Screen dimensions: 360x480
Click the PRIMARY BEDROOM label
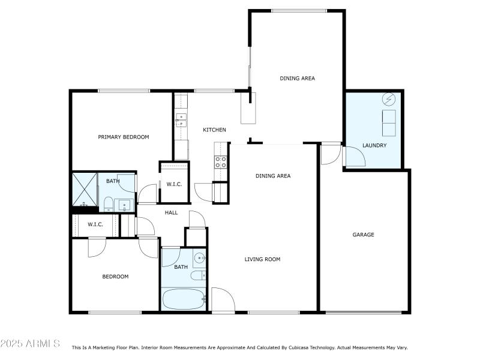(x=124, y=137)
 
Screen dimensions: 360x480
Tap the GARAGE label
(x=363, y=235)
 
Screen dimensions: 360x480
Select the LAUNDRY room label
(x=374, y=146)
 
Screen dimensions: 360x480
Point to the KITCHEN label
(x=214, y=130)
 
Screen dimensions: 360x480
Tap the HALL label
(x=171, y=212)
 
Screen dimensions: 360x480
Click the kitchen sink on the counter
(x=181, y=121)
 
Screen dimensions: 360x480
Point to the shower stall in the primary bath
(x=85, y=190)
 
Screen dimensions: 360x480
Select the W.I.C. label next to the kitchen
(x=174, y=184)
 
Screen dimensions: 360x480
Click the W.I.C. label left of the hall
(x=95, y=224)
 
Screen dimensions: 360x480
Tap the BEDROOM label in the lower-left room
(x=115, y=277)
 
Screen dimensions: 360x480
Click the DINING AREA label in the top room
(x=297, y=79)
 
